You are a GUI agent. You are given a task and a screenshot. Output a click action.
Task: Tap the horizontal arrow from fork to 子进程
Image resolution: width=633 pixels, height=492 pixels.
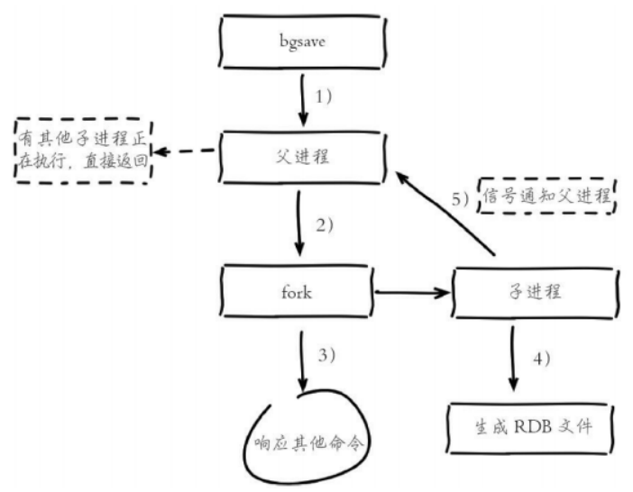click(x=411, y=292)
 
